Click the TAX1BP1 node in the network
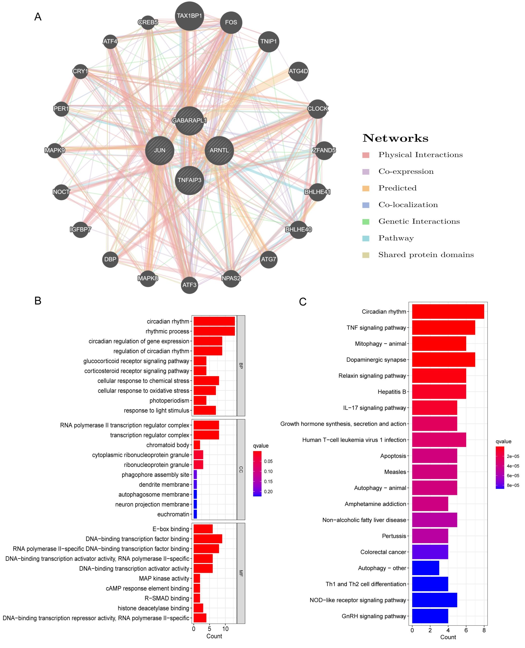point(189,16)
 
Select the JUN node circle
point(159,150)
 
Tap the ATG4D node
point(298,71)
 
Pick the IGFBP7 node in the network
point(80,229)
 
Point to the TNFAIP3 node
point(189,180)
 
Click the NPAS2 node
point(231,278)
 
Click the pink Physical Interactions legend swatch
point(366,155)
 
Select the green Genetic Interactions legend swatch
point(366,221)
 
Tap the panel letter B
point(38,301)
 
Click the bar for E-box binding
point(203,529)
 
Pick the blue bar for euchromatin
point(195,514)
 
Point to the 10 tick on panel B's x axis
point(225,629)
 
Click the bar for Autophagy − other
point(425,568)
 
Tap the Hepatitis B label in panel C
point(392,392)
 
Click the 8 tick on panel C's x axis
point(484,630)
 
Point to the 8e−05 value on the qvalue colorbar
point(513,485)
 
